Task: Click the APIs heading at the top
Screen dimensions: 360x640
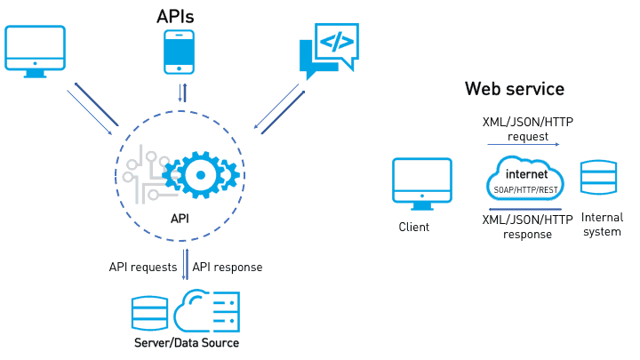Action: tap(175, 16)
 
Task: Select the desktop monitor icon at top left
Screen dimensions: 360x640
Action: tap(35, 50)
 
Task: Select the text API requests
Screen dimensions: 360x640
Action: tap(144, 267)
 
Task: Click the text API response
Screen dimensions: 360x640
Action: tap(228, 267)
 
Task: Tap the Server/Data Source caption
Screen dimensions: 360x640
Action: tap(187, 343)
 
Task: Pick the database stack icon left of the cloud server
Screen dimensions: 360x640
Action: tap(148, 312)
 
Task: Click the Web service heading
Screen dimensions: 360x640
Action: tap(514, 89)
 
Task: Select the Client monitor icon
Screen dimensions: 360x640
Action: tap(422, 182)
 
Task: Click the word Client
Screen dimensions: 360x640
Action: tap(414, 227)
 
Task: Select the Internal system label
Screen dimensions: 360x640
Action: tap(602, 224)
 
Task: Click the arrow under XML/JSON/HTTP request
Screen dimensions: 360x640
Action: tap(523, 144)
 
